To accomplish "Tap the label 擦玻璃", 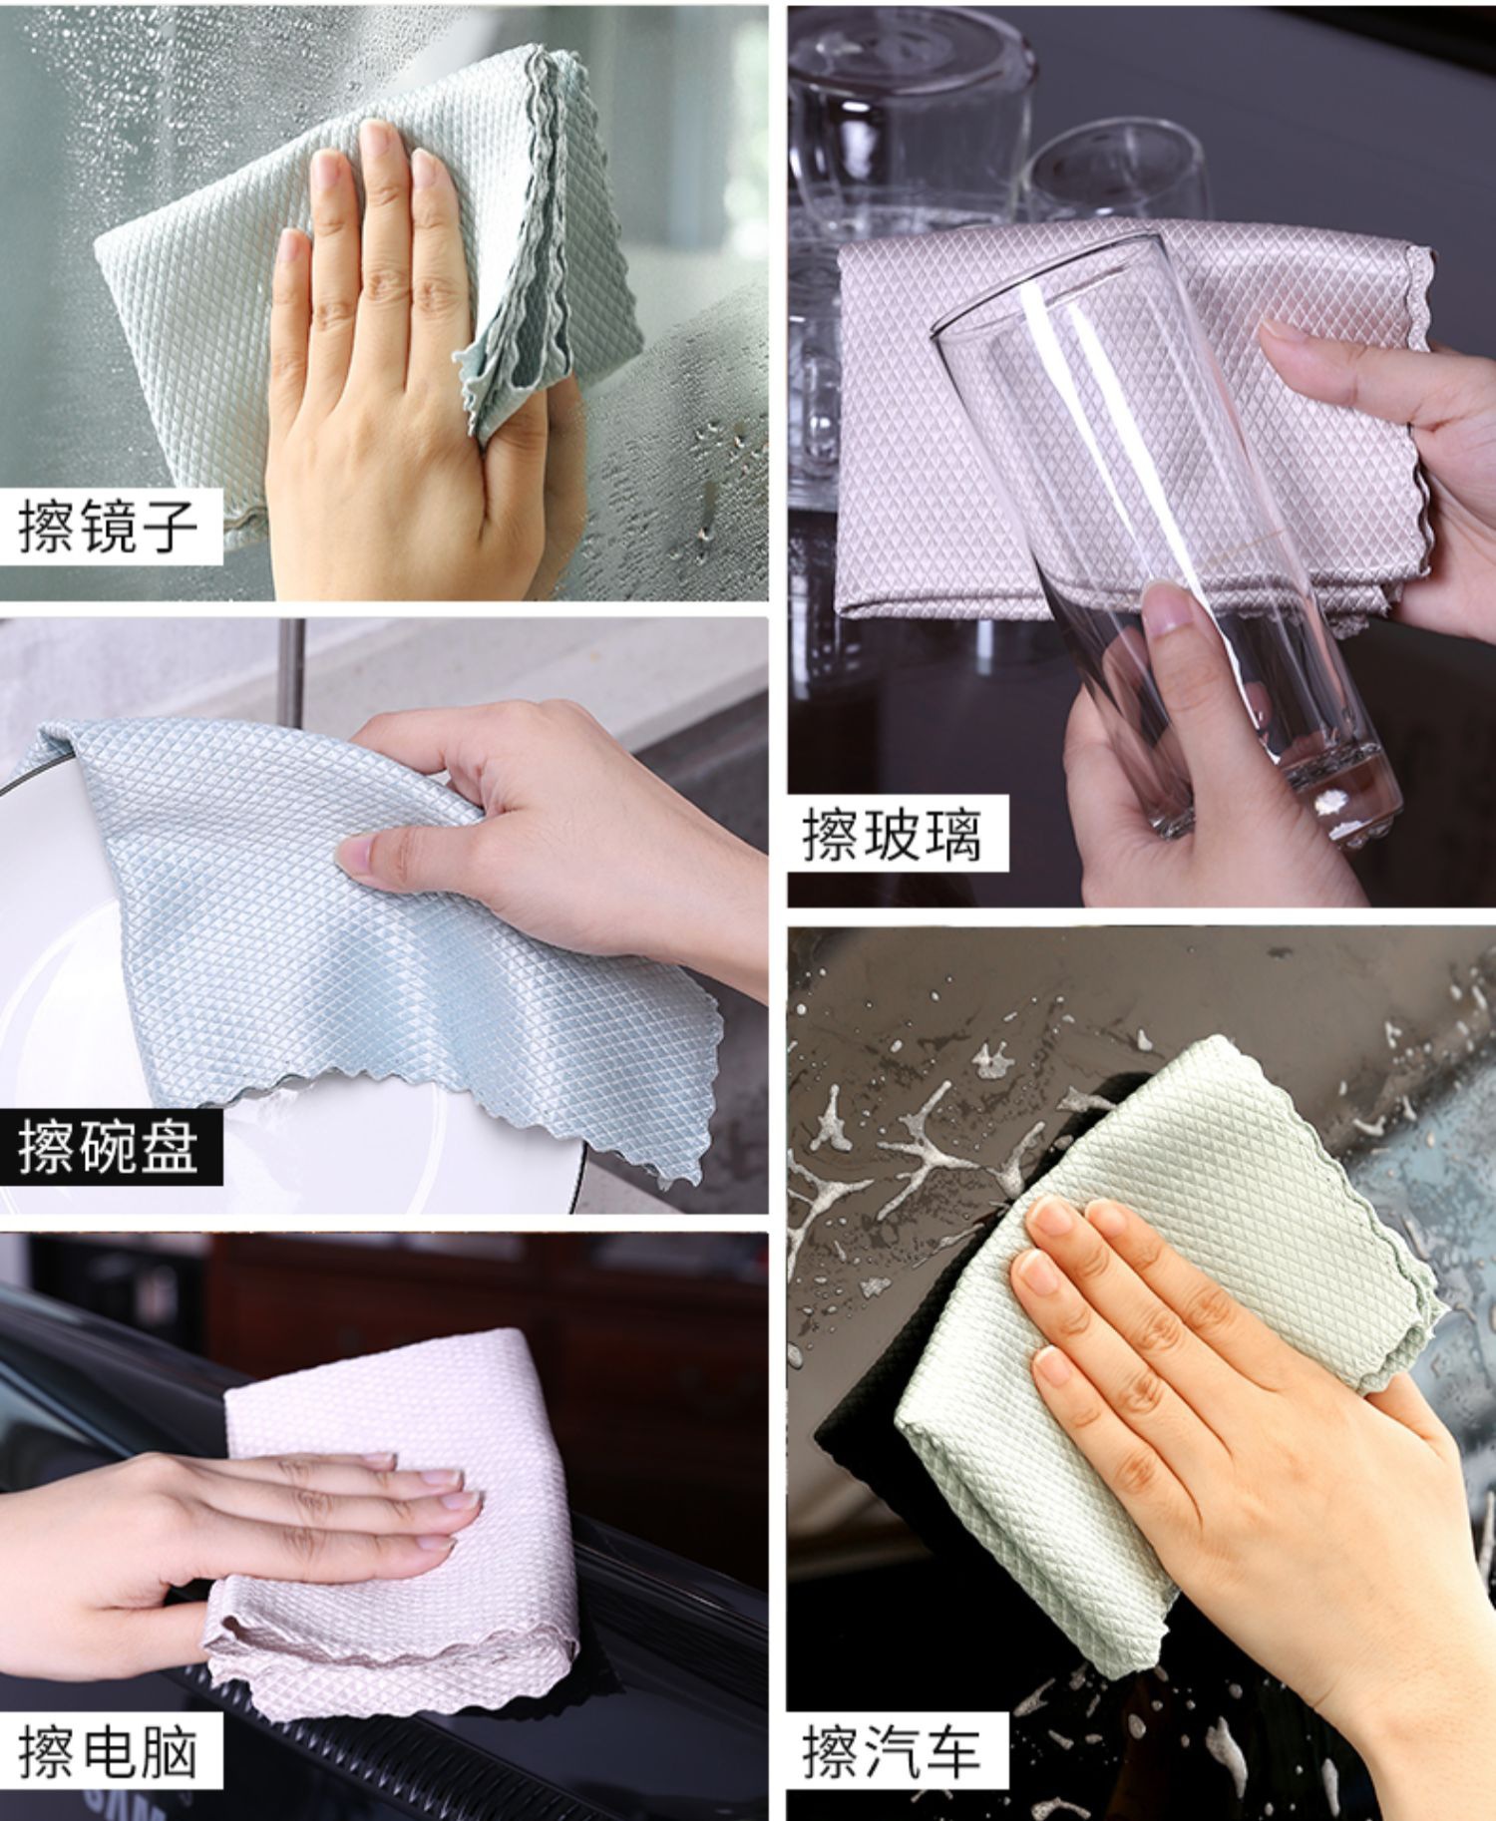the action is (892, 835).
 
